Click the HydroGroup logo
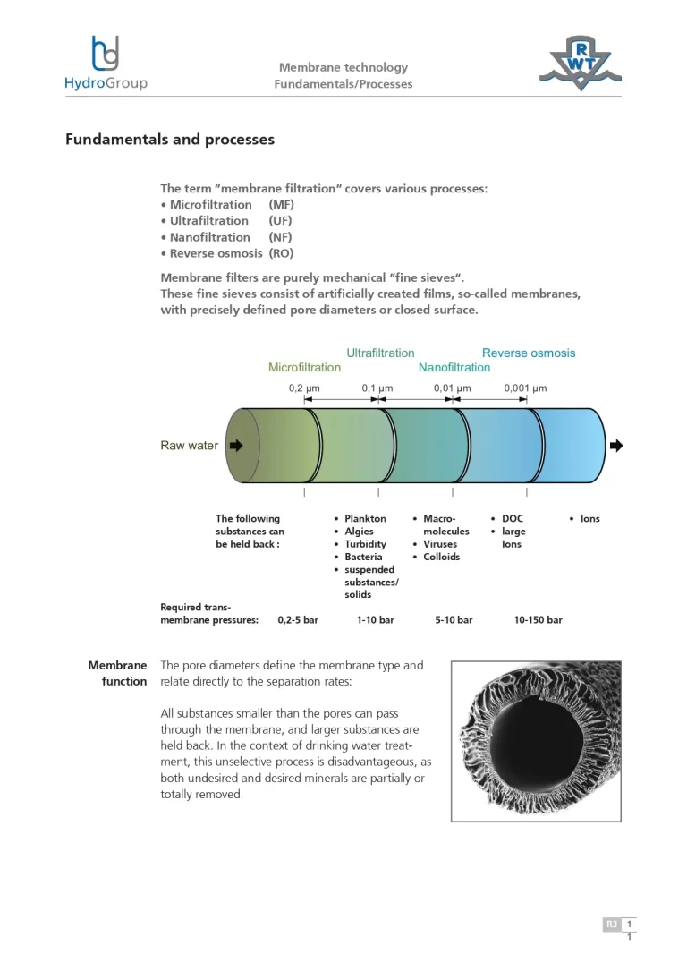click(106, 64)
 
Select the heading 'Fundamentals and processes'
click(170, 140)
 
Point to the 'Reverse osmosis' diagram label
click(529, 353)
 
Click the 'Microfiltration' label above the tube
click(304, 367)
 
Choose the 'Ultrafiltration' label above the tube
click(380, 353)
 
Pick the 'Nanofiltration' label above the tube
click(454, 367)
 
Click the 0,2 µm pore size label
click(304, 388)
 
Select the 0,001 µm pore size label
click(525, 388)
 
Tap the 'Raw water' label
click(189, 446)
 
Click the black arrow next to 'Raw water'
click(236, 446)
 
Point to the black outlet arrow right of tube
click(615, 446)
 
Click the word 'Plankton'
click(365, 519)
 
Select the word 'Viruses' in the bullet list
click(440, 544)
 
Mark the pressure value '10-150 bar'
click(538, 619)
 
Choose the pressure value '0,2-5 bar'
click(298, 619)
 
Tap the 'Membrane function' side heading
click(117, 673)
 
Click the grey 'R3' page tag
click(612, 924)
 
